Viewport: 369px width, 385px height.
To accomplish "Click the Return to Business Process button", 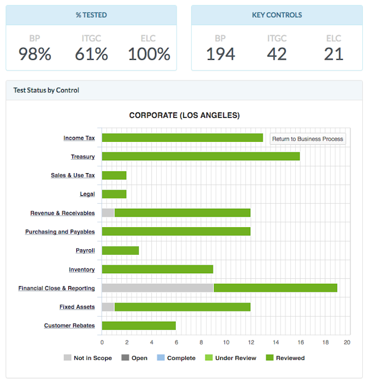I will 307,139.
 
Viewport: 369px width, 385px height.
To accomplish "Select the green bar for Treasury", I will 200,156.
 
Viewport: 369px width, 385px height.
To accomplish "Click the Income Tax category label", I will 79,138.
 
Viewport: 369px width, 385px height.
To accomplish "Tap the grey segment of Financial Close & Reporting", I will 157,287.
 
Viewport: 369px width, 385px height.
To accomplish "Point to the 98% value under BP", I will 34,54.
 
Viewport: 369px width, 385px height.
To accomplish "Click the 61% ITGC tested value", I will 92,54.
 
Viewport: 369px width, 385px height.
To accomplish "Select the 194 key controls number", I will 220,54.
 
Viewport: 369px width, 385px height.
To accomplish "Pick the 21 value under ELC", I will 333,54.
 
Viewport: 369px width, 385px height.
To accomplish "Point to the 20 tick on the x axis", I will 347,342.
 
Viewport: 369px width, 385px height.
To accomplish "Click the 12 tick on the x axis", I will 250,342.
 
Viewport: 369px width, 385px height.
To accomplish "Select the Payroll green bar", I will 120,250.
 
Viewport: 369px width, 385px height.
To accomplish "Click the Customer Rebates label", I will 69,325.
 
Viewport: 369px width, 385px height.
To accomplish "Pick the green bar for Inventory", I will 157,269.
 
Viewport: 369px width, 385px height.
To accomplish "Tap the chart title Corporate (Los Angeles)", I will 184,115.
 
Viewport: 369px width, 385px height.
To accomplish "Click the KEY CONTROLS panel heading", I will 277,15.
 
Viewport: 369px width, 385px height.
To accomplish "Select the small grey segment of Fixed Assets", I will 108,306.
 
